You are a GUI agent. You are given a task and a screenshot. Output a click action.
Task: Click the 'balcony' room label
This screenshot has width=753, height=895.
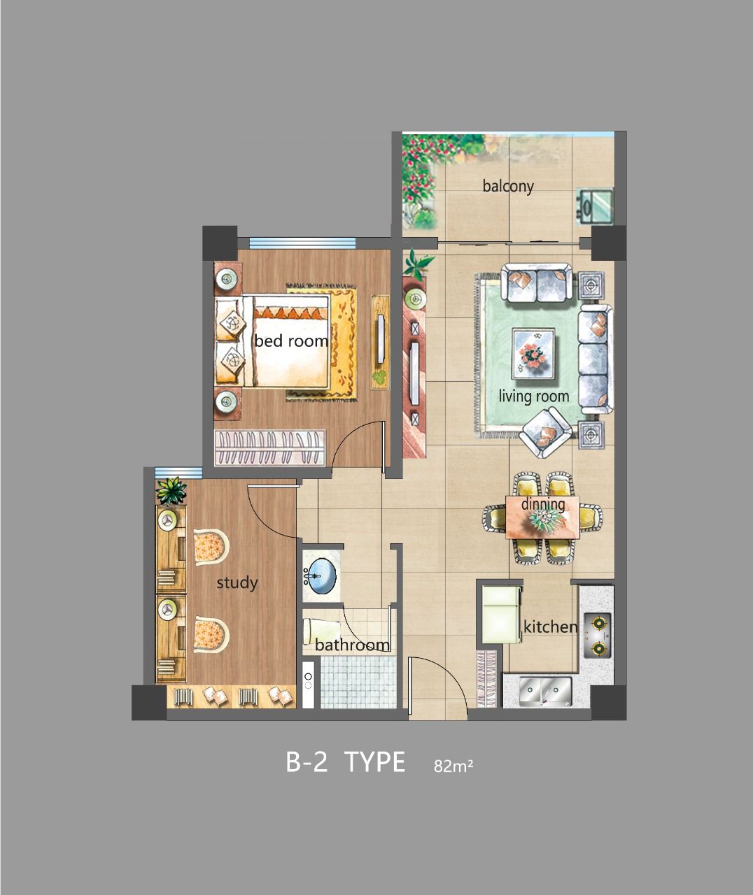click(x=508, y=187)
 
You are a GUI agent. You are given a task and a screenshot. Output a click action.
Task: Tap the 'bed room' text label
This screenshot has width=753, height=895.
click(x=291, y=341)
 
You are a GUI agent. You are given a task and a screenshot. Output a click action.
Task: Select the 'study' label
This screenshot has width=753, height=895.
click(x=237, y=583)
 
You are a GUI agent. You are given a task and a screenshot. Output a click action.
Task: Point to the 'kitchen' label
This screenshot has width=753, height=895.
click(x=551, y=627)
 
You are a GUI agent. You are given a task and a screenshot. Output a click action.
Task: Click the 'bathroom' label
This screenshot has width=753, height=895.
click(x=352, y=645)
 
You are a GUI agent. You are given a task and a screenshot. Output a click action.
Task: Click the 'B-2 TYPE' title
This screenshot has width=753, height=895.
click(x=346, y=761)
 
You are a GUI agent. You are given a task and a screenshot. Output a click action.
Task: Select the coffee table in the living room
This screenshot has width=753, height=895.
click(x=533, y=354)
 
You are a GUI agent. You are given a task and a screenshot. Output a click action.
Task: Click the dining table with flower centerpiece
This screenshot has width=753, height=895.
click(x=543, y=517)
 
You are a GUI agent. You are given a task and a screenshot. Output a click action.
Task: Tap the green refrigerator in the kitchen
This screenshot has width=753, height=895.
click(x=501, y=614)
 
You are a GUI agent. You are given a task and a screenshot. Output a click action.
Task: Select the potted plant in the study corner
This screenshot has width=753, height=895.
click(x=171, y=492)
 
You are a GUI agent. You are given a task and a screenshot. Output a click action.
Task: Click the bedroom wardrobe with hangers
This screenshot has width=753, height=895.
click(x=270, y=448)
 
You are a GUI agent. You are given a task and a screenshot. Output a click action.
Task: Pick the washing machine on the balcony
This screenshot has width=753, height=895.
click(x=595, y=206)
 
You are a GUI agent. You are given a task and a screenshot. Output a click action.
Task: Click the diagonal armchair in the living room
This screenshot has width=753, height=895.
click(x=545, y=433)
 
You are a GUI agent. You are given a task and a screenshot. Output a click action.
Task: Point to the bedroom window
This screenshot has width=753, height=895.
click(x=302, y=243)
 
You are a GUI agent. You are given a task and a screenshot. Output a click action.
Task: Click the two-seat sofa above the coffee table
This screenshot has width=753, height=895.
click(x=537, y=283)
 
